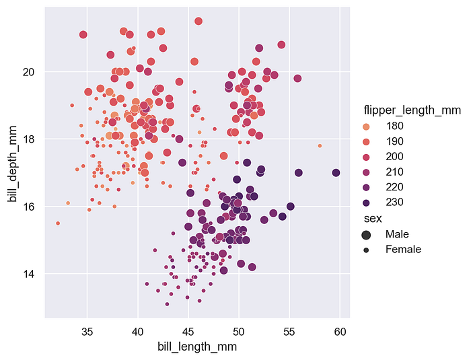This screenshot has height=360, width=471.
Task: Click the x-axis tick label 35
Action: pyautogui.click(x=87, y=332)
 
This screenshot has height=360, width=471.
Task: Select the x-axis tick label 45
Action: pyautogui.click(x=188, y=332)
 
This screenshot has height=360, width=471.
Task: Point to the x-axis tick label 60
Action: pyautogui.click(x=340, y=332)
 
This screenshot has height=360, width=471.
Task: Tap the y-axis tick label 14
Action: pyautogui.click(x=28, y=274)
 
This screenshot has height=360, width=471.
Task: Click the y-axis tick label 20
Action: pyautogui.click(x=28, y=72)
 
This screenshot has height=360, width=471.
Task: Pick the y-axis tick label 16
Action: pyautogui.click(x=28, y=207)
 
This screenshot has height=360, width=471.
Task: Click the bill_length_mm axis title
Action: pyautogui.click(x=197, y=347)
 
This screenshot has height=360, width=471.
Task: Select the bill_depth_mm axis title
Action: pyautogui.click(x=13, y=164)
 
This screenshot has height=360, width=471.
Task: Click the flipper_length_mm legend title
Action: pyautogui.click(x=412, y=110)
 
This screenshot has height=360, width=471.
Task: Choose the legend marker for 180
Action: pyautogui.click(x=366, y=127)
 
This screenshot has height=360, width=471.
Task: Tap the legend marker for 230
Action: pyautogui.click(x=366, y=203)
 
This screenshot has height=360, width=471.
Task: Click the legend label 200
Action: pyautogui.click(x=394, y=157)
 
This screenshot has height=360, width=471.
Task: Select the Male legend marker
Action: pyautogui.click(x=366, y=235)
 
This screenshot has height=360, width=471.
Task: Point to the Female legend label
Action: pyautogui.click(x=404, y=250)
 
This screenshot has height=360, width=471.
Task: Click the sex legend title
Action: pyautogui.click(x=373, y=219)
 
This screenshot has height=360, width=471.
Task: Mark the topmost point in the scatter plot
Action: pyautogui.click(x=198, y=21)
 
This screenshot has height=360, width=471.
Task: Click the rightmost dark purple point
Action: pyautogui.click(x=336, y=173)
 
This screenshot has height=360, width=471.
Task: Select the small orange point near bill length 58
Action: pyautogui.click(x=320, y=146)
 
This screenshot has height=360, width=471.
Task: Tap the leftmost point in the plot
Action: pyautogui.click(x=58, y=223)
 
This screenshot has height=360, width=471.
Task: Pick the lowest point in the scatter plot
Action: pyautogui.click(x=167, y=304)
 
